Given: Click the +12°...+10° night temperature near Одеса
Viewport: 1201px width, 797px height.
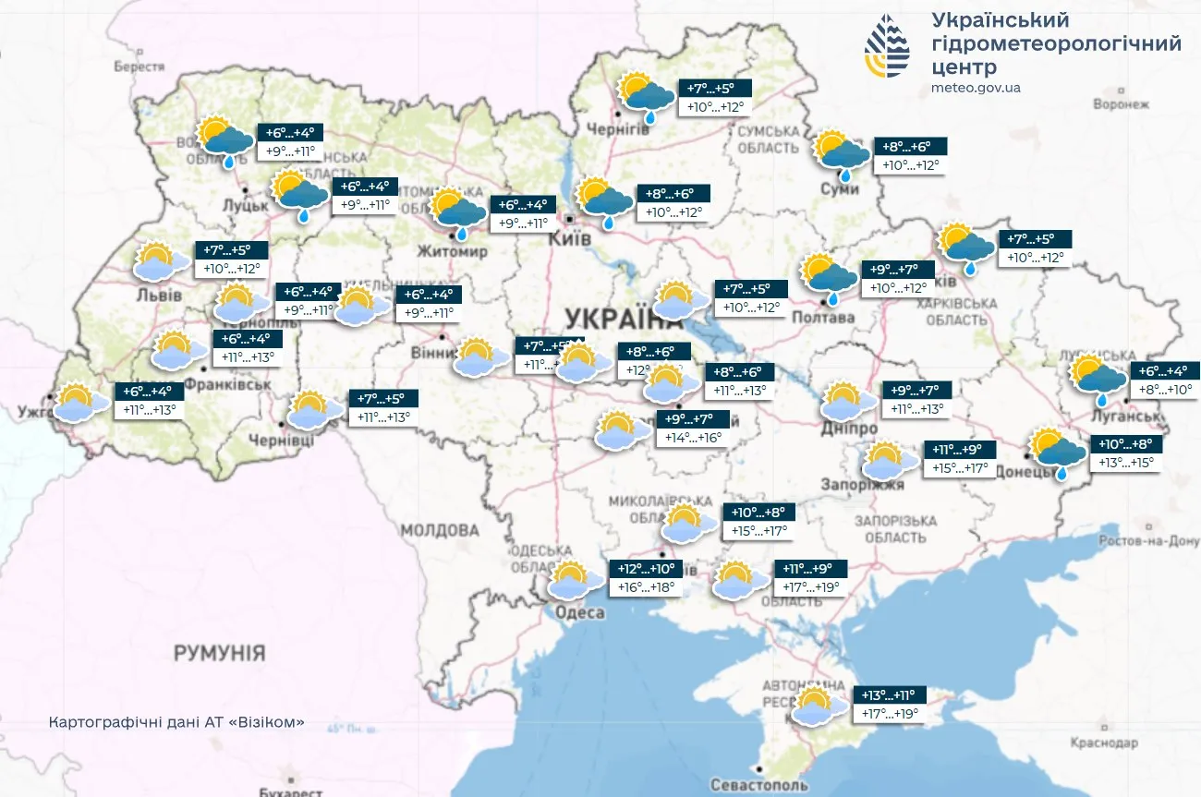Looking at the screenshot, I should tap(647, 569).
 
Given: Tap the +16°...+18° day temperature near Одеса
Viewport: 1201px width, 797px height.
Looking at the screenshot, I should tap(647, 587).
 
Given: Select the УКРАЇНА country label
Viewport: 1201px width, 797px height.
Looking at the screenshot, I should tap(617, 320).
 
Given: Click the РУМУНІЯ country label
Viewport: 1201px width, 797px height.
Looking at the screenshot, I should tap(219, 653).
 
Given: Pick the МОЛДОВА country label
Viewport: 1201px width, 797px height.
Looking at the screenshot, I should tap(440, 531).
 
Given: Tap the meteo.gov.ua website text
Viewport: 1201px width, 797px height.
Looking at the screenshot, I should tap(977, 88).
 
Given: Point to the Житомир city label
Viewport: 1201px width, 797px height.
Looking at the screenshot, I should tap(454, 251).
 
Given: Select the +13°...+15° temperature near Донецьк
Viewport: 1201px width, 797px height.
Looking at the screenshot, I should tap(1124, 463).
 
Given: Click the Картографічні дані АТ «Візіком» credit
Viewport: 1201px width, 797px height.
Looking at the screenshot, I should tap(176, 722).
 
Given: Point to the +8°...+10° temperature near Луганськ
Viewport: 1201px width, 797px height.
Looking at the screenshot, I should tap(1163, 390).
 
